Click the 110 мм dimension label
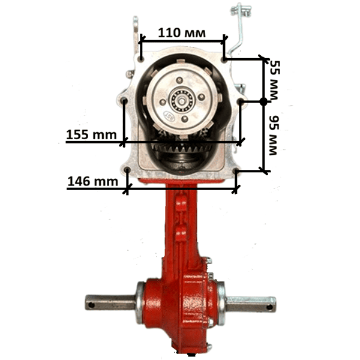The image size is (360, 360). (x=182, y=33)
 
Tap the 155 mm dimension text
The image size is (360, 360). (x=91, y=134)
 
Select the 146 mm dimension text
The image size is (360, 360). (x=93, y=181)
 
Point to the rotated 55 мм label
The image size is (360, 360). (x=274, y=80)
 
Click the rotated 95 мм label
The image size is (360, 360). (x=274, y=135)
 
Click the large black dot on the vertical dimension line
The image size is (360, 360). (x=263, y=101)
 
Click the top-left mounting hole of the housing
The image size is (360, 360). (x=141, y=59)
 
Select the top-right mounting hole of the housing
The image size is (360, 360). (x=224, y=59)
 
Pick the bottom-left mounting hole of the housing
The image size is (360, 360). (x=127, y=170)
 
